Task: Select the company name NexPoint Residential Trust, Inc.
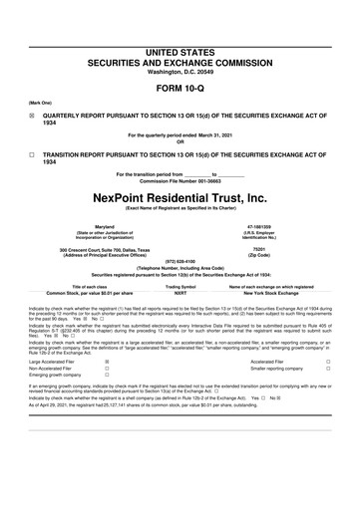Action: tap(180, 198)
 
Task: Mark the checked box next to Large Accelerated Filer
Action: tap(107, 362)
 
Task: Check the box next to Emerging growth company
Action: tap(107, 376)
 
